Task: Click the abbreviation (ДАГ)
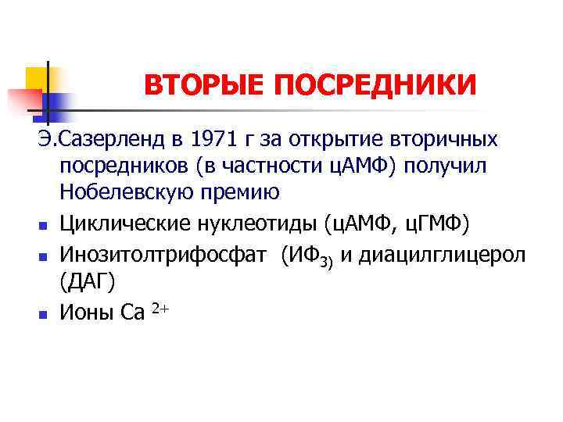pos(88,282)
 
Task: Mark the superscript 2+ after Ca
pos(160,309)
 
